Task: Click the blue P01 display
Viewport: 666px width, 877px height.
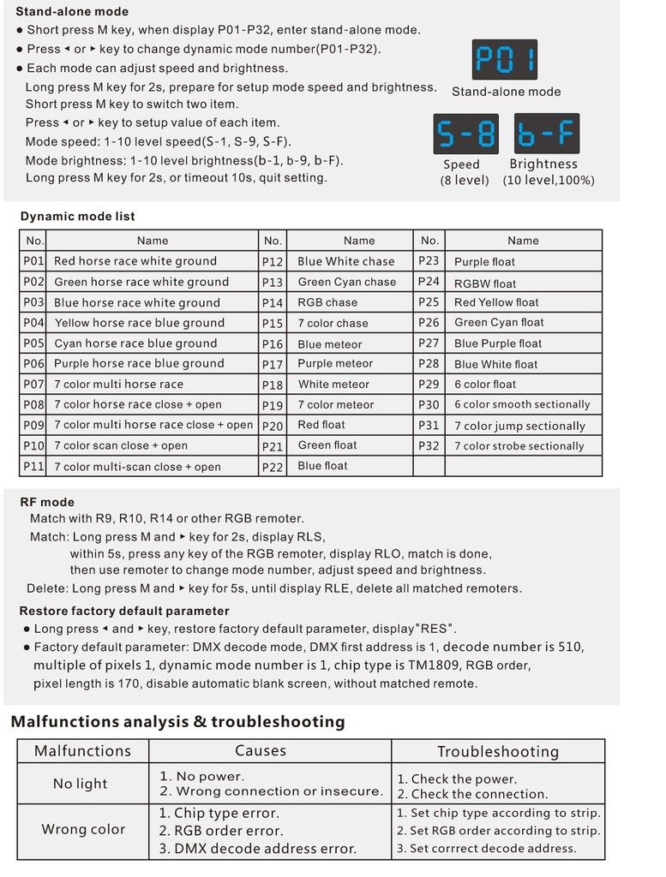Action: point(505,60)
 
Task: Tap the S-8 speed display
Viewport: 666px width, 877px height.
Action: point(467,134)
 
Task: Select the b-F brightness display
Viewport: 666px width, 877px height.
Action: point(547,134)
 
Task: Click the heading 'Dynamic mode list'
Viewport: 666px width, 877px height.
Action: point(78,217)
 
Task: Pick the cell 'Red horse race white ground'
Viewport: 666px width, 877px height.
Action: point(135,261)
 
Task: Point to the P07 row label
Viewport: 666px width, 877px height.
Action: point(33,384)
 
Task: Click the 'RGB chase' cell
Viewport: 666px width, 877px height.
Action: point(327,302)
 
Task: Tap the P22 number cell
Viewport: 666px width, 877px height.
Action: point(273,466)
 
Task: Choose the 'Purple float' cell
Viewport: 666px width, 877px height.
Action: point(485,262)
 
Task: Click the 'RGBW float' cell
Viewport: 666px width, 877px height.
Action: point(485,283)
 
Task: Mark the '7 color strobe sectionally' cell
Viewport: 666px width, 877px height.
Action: point(519,445)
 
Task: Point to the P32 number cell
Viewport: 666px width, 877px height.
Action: point(429,445)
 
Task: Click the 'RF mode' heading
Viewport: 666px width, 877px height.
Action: point(47,502)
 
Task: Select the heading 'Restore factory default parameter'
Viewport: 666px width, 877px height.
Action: point(124,611)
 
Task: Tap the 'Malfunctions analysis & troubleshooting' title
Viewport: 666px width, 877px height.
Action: point(177,721)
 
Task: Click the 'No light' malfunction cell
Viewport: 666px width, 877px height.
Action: point(81,784)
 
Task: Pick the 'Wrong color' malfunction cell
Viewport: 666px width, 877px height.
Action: point(83,829)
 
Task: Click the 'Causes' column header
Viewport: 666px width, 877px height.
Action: point(261,750)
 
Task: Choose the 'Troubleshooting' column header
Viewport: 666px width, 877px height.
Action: point(498,751)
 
